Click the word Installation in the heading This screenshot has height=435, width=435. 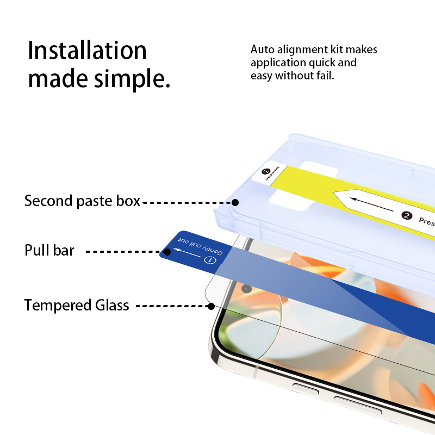point(87,51)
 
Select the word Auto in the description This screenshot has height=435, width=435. point(262,49)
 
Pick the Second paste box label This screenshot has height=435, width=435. point(82,201)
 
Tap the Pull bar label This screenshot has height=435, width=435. point(49,251)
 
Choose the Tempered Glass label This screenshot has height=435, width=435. point(77,306)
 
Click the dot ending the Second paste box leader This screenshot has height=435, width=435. point(235,202)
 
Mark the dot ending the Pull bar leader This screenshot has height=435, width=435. point(167,252)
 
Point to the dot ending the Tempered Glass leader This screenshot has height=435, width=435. point(211,307)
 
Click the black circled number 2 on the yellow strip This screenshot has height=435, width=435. point(406,215)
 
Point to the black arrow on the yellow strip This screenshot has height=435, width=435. point(370,206)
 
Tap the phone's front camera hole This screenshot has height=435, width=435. point(246,289)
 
